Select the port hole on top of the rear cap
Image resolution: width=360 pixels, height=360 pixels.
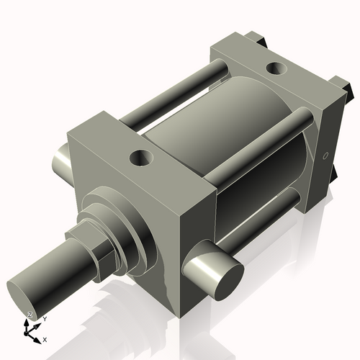(274, 68)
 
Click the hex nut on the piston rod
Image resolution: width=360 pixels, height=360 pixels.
(94, 249)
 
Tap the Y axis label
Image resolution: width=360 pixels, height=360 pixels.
(44, 318)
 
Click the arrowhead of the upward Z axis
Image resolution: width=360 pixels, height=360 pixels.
(27, 323)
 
